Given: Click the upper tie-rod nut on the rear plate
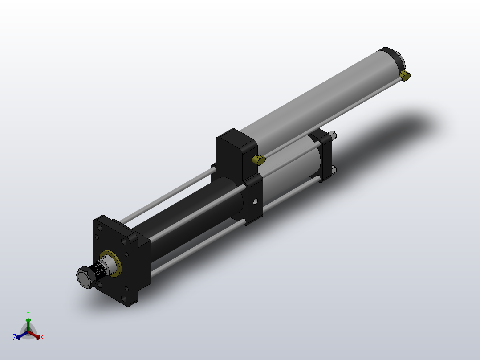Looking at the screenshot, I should point(333,135).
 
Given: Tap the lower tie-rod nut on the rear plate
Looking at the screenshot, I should point(334,169).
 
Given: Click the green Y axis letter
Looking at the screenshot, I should point(28,313).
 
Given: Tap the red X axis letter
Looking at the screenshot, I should point(41,337).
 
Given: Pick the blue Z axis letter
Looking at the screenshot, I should point(15,337).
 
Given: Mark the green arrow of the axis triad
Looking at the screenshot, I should point(28,322).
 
